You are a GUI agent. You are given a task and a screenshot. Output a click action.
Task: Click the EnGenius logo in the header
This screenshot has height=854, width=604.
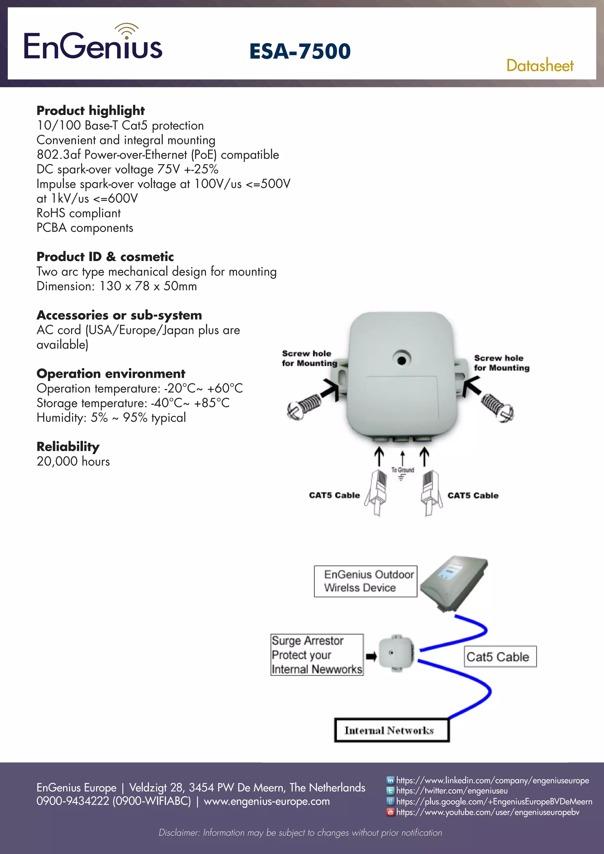(93, 44)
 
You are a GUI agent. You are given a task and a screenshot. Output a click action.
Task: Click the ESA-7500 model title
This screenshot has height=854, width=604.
(300, 51)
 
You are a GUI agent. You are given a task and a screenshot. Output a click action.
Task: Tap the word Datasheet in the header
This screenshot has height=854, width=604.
(540, 65)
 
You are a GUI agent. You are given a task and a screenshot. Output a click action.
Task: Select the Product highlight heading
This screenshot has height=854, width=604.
(90, 111)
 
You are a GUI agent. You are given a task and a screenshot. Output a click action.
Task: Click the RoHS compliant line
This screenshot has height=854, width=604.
(78, 213)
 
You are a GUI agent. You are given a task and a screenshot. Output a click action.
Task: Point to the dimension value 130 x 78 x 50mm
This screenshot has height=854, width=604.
(148, 286)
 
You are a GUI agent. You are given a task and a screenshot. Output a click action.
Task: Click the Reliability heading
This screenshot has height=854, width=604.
(68, 446)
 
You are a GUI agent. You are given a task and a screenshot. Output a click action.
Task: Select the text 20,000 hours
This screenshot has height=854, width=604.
(73, 461)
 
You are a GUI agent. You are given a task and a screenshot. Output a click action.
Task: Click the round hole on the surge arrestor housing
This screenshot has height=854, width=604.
(401, 360)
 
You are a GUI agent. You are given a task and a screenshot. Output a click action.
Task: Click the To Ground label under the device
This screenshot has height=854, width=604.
(402, 470)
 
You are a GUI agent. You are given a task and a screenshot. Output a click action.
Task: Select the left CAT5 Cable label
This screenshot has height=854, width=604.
(334, 495)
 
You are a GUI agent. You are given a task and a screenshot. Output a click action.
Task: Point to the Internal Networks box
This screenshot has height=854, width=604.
(392, 730)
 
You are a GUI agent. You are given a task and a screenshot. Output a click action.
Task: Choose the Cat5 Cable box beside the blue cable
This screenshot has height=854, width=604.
(500, 656)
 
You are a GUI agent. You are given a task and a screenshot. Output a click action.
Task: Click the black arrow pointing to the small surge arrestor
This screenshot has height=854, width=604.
(371, 656)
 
